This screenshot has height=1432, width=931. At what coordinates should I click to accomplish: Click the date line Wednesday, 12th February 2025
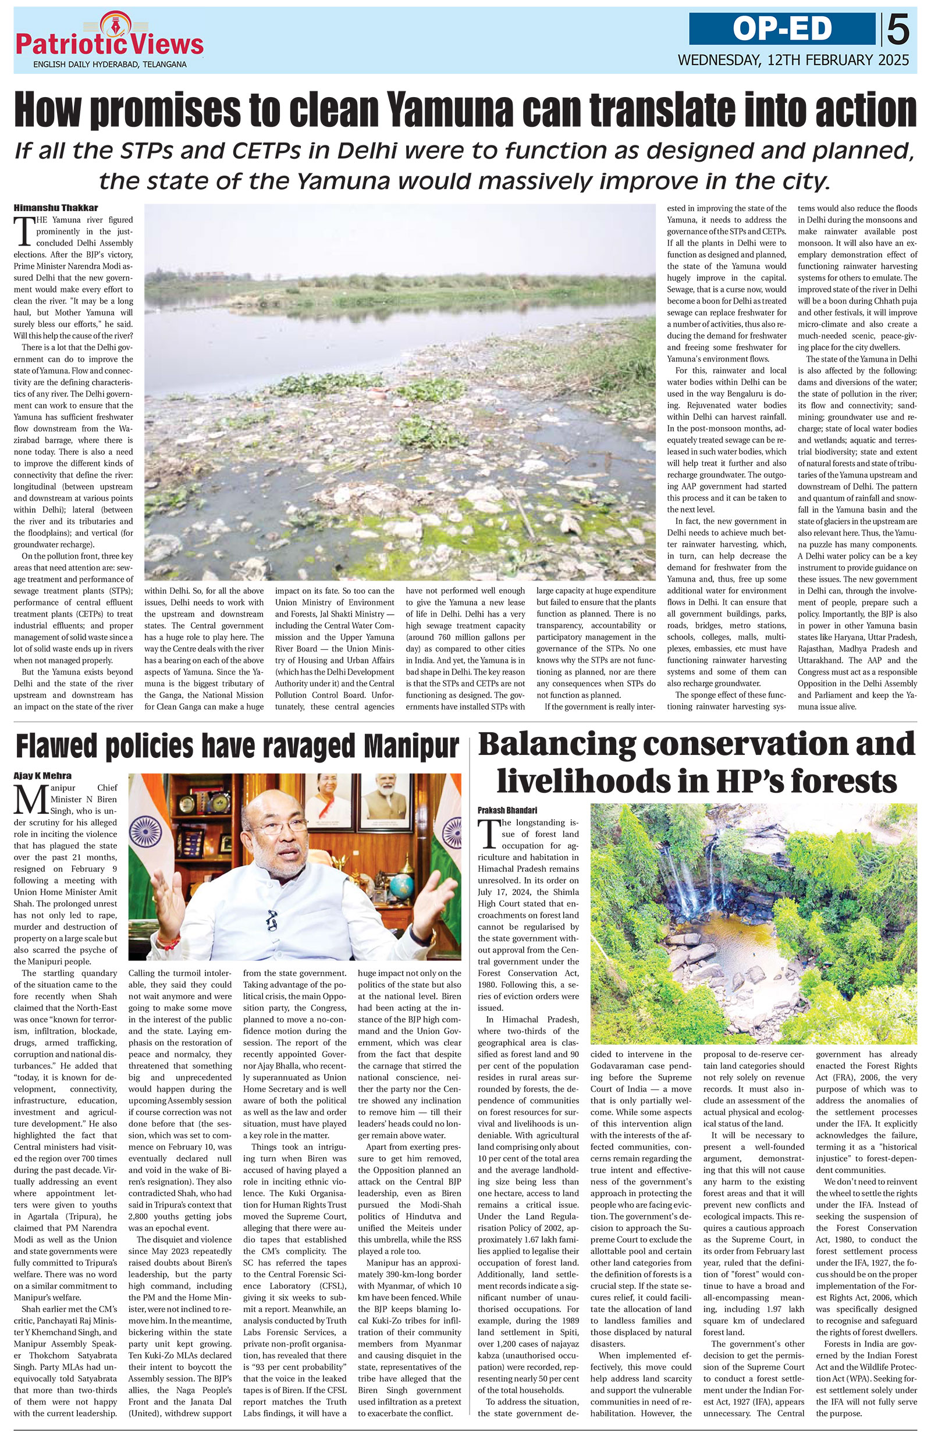(793, 60)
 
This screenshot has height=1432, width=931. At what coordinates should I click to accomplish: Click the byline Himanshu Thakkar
(55, 208)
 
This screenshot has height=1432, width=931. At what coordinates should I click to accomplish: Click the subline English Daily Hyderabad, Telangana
(109, 64)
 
